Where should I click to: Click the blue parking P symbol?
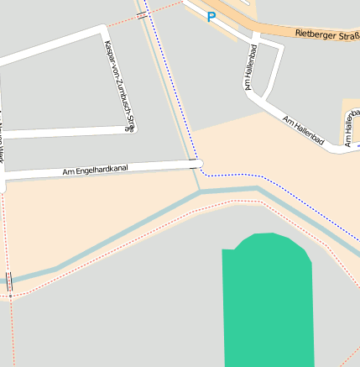[x=211, y=16]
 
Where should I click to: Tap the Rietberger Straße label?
[x=327, y=35]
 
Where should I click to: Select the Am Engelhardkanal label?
[x=95, y=170]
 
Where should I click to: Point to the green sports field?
[x=267, y=302]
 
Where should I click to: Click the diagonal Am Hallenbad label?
[x=303, y=129]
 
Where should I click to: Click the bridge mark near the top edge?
[x=142, y=14]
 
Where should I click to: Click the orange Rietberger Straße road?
[x=277, y=30]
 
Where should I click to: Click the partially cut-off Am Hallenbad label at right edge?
[x=350, y=126]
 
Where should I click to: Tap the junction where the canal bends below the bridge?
[x=201, y=192]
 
